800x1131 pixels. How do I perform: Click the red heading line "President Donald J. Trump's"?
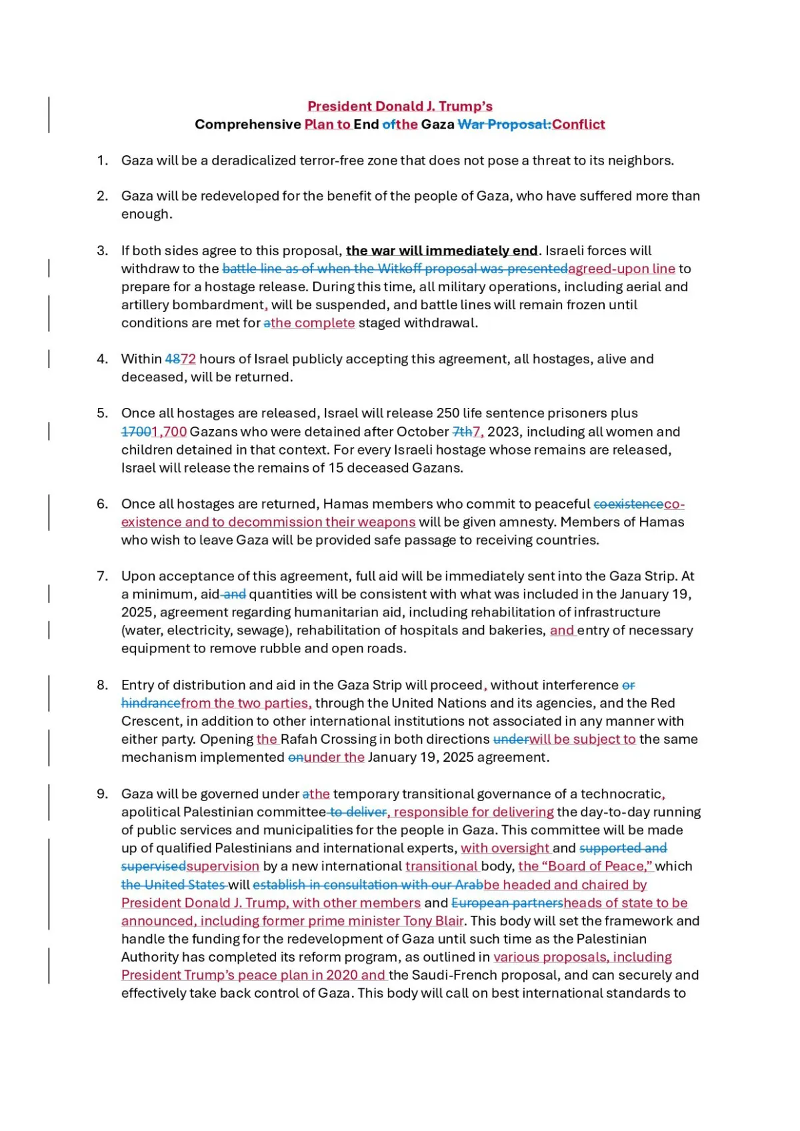pyautogui.click(x=400, y=106)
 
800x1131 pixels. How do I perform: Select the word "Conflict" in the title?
pyautogui.click(x=579, y=124)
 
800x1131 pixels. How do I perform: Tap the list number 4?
pyautogui.click(x=102, y=359)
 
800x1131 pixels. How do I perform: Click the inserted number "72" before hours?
pyautogui.click(x=189, y=359)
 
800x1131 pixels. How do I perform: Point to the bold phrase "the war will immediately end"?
pyautogui.click(x=441, y=251)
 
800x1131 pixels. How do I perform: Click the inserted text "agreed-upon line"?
pyautogui.click(x=621, y=269)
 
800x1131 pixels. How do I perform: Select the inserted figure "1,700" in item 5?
pyautogui.click(x=169, y=432)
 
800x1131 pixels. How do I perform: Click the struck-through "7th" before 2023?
pyautogui.click(x=462, y=432)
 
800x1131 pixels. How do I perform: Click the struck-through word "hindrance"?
pyautogui.click(x=151, y=703)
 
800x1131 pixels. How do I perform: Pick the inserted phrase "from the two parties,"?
pyautogui.click(x=246, y=703)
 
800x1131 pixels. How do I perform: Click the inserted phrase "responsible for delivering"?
pyautogui.click(x=473, y=812)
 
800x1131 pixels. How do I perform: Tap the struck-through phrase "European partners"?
pyautogui.click(x=507, y=903)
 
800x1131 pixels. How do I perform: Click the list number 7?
pyautogui.click(x=102, y=576)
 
